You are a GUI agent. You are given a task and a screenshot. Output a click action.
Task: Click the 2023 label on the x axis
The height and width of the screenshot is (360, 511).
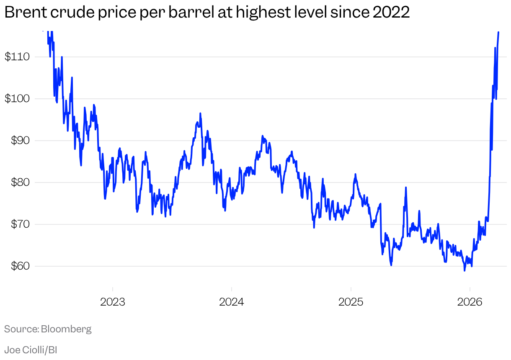pyautogui.click(x=113, y=302)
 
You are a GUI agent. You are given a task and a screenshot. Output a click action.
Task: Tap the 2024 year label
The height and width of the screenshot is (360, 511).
pyautogui.click(x=232, y=302)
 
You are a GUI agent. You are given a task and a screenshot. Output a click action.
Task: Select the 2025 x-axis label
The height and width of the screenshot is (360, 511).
pyautogui.click(x=351, y=302)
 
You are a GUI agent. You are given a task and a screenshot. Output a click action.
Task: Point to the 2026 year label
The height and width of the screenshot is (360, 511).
pyautogui.click(x=470, y=302)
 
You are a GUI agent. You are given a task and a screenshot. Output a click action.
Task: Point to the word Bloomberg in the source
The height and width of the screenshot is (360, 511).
pyautogui.click(x=66, y=329)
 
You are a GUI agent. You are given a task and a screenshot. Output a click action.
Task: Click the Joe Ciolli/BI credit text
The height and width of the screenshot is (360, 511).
pyautogui.click(x=31, y=350)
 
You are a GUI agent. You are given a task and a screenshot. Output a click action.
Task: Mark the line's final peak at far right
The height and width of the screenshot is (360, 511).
pyautogui.click(x=498, y=32)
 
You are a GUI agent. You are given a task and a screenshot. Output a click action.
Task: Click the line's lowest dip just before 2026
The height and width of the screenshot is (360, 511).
pyautogui.click(x=465, y=270)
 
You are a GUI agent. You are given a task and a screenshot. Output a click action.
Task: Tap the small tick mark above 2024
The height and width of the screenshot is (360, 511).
pyautogui.click(x=232, y=290)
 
